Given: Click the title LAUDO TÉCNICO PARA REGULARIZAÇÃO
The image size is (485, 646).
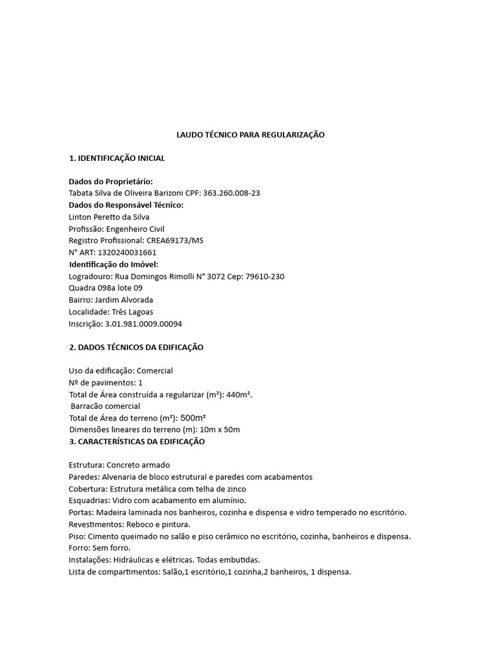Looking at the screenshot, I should point(249,135).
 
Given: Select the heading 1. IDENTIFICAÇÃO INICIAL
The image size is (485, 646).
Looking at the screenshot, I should point(117,158).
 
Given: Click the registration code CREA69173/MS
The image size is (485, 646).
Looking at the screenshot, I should point(175,240).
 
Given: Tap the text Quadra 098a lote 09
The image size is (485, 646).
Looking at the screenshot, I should point(105,288).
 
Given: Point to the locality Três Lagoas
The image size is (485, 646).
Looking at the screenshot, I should point(132,312).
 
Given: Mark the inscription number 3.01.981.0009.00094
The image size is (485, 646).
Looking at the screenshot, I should point(143,324).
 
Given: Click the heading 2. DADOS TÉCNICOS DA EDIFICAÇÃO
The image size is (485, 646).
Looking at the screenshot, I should point(136,348).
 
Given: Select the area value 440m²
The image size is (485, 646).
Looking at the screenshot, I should point(239,394).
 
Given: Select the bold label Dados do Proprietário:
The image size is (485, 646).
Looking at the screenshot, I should point(111,182).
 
